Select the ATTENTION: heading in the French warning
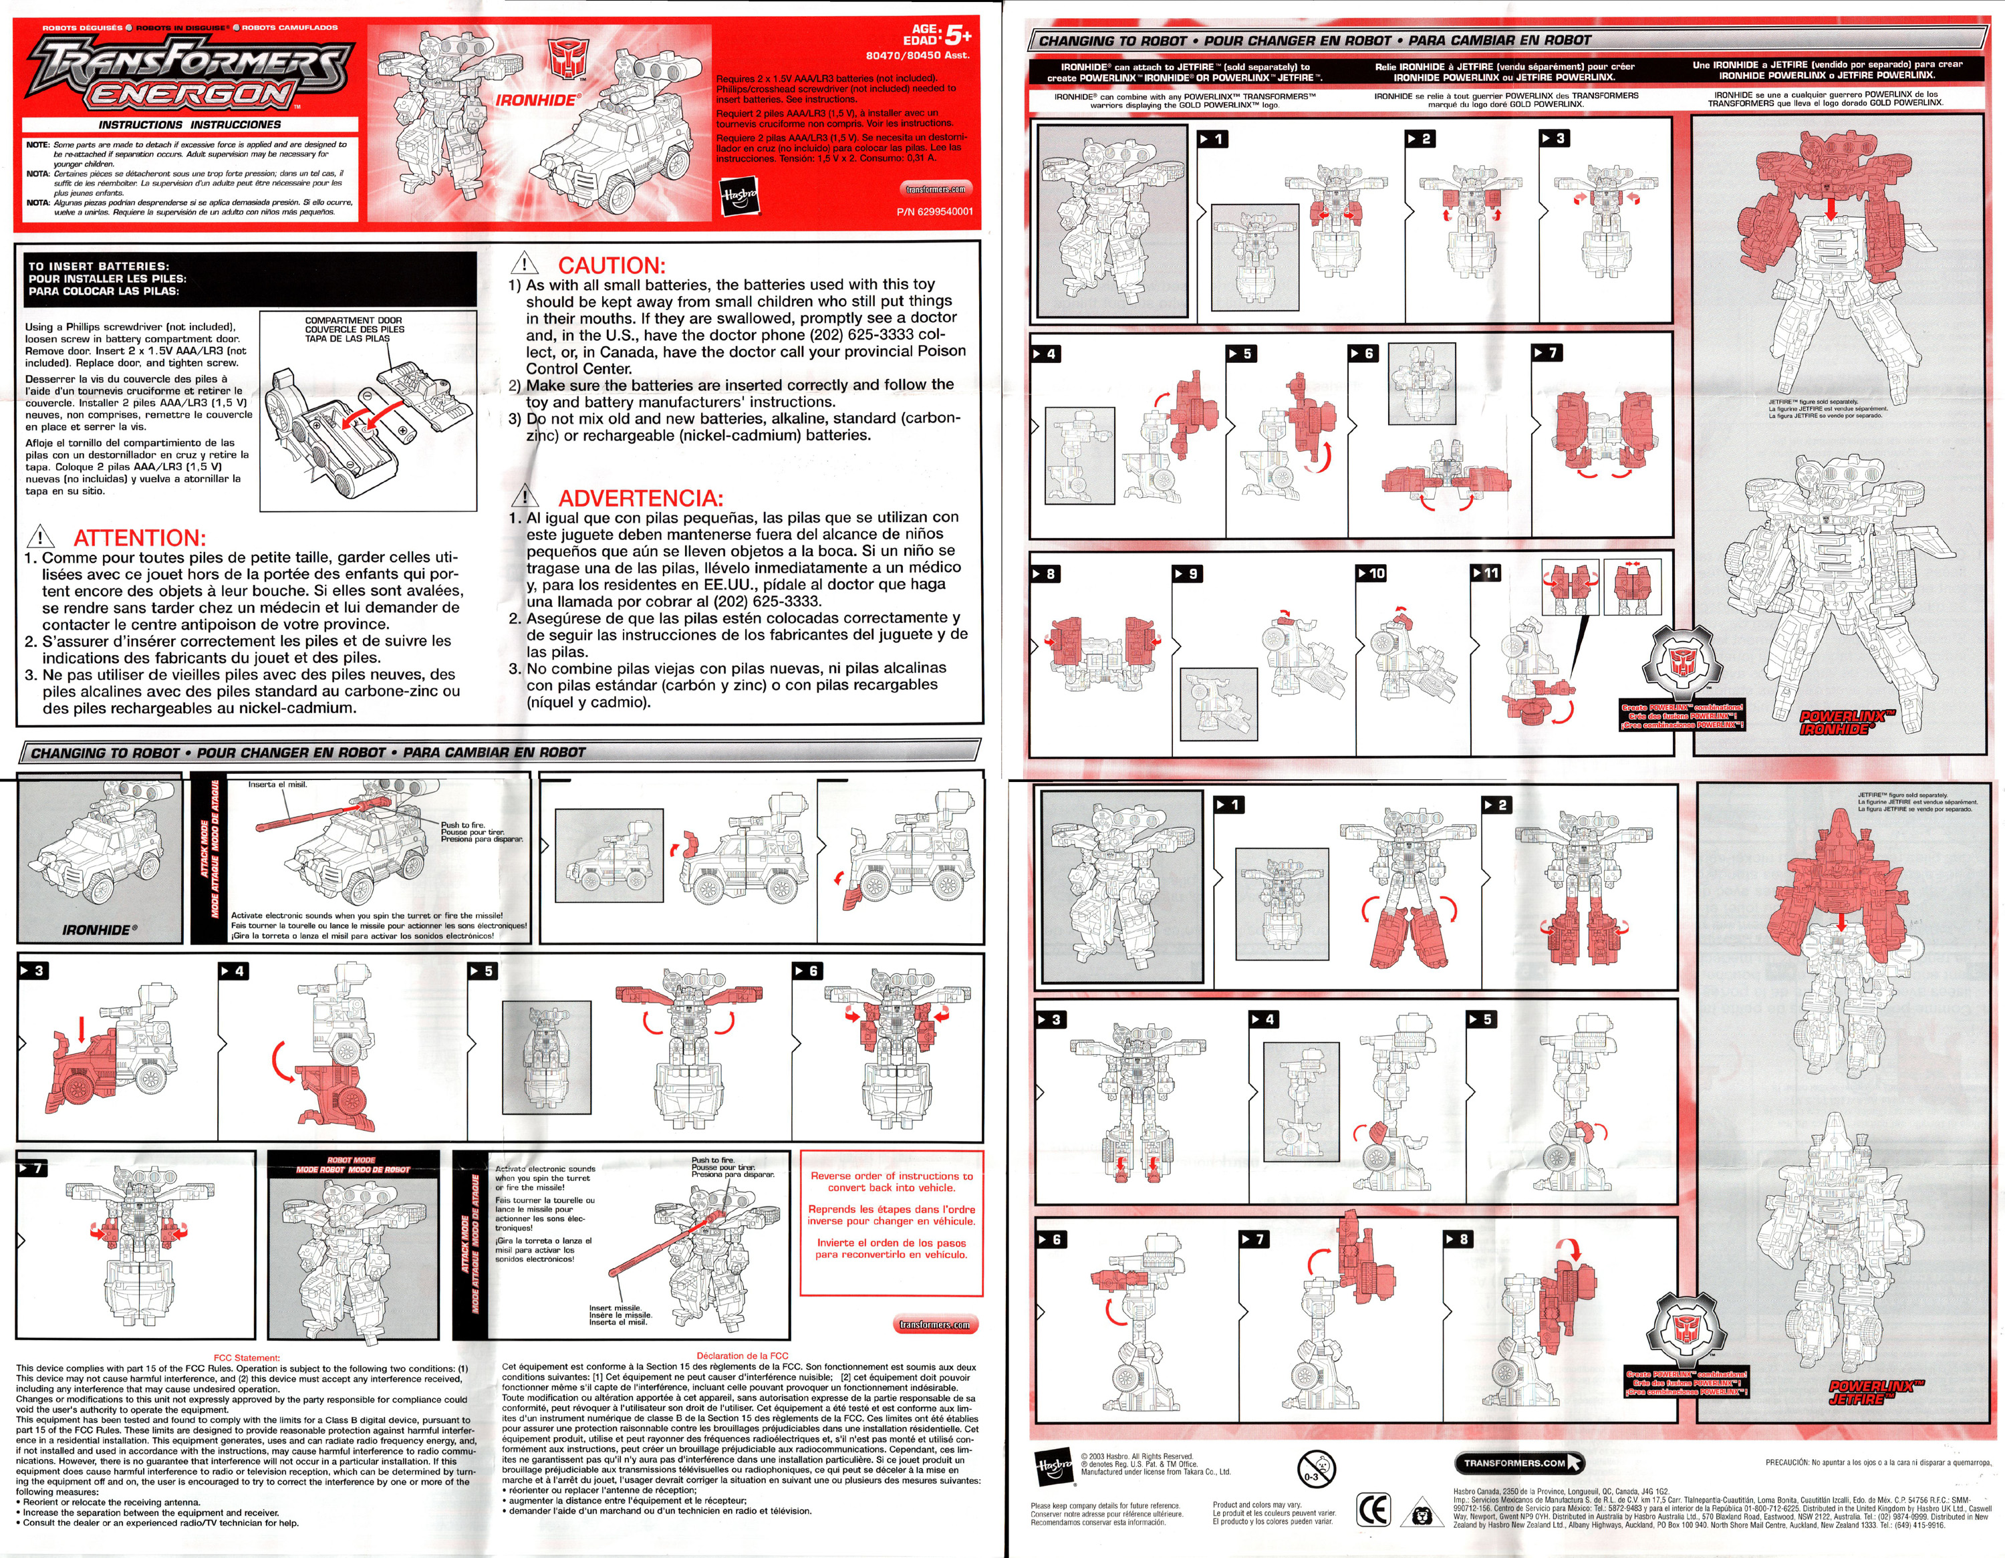click(140, 538)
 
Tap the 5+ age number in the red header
click(958, 35)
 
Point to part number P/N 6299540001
click(934, 212)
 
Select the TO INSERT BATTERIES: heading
click(98, 266)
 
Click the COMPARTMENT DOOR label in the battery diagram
click(354, 320)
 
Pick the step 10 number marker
click(1371, 573)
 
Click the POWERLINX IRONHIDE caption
click(1841, 723)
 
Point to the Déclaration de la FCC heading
click(742, 1355)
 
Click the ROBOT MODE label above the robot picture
click(352, 1160)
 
